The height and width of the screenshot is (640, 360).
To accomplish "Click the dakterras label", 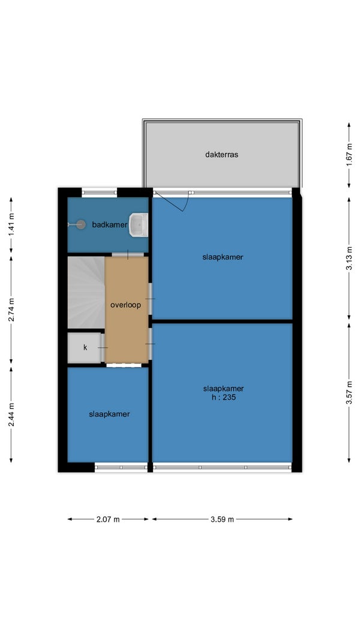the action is (x=221, y=155).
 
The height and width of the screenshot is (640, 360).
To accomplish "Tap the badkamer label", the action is (x=109, y=224).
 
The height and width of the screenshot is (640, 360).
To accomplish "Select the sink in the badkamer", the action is (x=139, y=224).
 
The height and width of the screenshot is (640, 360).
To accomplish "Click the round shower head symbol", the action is (x=81, y=224).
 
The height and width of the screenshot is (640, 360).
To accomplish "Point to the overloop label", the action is (x=126, y=305).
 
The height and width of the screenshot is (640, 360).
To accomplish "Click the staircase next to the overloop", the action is (x=86, y=292).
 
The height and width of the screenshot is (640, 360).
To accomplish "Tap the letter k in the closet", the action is (x=85, y=348).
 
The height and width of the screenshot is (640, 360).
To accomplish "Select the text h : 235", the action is (x=223, y=396).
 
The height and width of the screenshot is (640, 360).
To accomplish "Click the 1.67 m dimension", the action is (x=349, y=155).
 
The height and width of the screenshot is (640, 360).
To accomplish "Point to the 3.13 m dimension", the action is (x=349, y=259).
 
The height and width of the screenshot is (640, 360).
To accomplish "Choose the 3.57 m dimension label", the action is (x=349, y=393).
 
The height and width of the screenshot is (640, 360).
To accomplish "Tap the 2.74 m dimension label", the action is (x=11, y=310).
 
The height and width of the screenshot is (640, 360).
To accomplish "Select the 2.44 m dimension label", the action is (x=11, y=414).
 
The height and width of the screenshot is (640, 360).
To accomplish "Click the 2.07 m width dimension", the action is (x=108, y=519).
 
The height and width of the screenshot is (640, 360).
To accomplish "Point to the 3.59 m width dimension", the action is (x=223, y=519).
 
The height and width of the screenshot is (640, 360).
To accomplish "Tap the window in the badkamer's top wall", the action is (x=99, y=193).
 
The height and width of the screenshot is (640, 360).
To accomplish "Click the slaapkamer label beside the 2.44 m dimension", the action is (x=109, y=414).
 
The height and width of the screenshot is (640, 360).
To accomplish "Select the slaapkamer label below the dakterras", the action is (x=223, y=257).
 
